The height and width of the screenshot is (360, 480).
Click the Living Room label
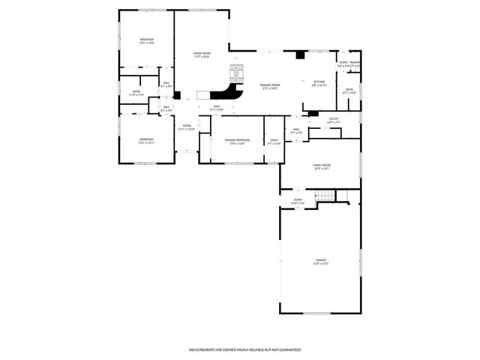(x=201, y=53)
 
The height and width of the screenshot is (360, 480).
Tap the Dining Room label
(x=270, y=85)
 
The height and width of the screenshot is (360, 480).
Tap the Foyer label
(x=187, y=125)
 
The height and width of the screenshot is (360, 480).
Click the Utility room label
(x=334, y=119)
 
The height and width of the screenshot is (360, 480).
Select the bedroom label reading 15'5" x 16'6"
(x=146, y=39)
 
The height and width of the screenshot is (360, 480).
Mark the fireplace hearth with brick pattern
(x=236, y=73)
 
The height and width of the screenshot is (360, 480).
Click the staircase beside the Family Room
(x=324, y=196)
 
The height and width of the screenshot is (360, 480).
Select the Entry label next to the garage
(x=298, y=199)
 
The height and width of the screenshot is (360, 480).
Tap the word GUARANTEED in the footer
(x=288, y=349)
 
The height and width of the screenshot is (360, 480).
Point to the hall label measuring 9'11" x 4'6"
(x=216, y=106)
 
